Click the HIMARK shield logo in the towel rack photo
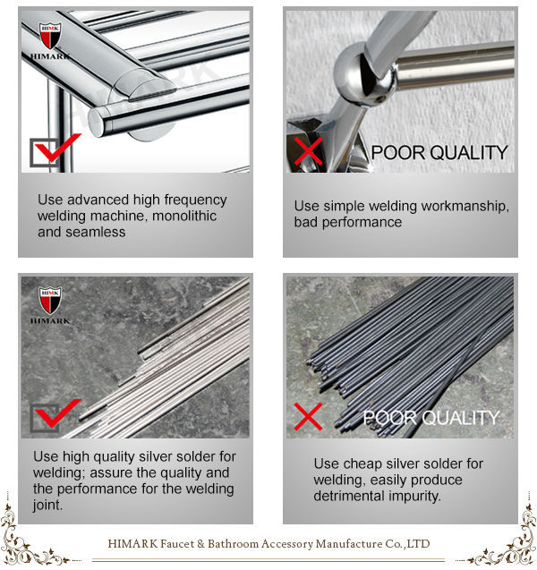(50, 36)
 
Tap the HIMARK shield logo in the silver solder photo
(50, 301)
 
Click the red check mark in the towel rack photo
(57, 148)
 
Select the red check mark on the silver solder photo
(57, 413)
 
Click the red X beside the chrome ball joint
(308, 151)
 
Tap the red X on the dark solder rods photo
(308, 417)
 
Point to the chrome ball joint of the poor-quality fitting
(363, 73)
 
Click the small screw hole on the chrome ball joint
(380, 98)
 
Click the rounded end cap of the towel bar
(97, 122)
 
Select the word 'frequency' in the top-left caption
(195, 200)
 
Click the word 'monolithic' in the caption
(184, 216)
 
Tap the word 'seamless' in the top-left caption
(96, 232)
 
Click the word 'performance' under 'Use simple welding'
(362, 222)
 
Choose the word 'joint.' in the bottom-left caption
(47, 505)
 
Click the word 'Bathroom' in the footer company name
(233, 544)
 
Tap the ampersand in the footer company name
(201, 544)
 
